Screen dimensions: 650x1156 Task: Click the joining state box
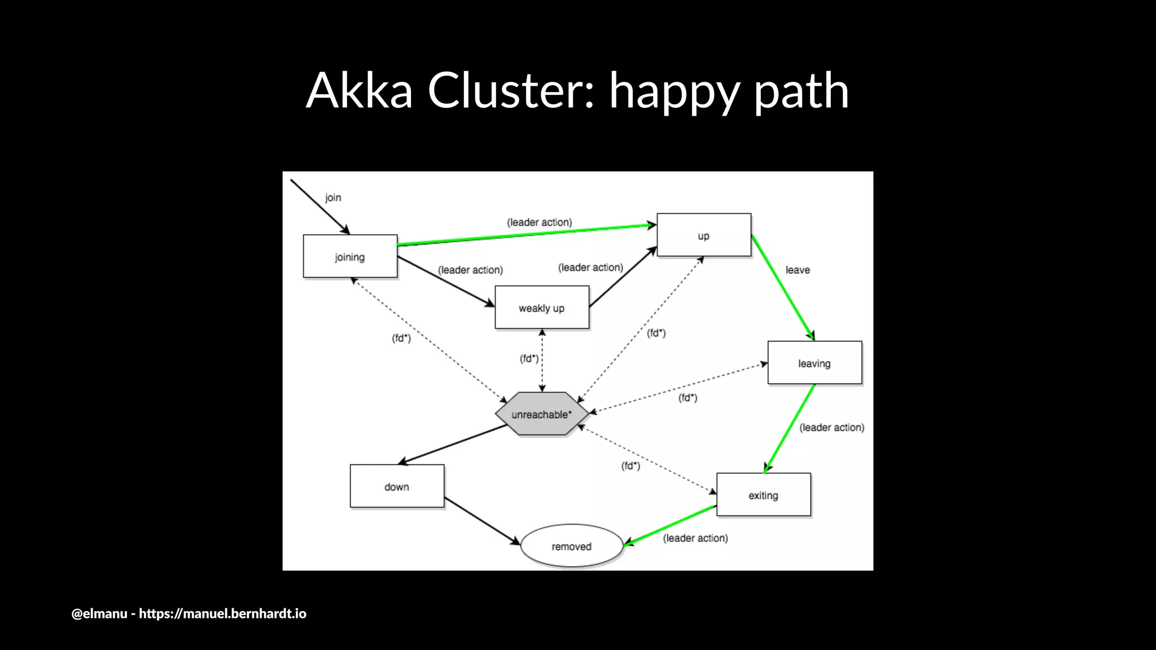coord(350,257)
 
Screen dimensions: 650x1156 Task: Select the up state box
coord(703,235)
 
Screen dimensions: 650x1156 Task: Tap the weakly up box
coord(541,308)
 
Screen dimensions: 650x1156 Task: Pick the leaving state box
coord(814,363)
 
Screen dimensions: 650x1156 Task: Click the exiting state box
coord(763,495)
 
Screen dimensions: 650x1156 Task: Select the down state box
coord(397,486)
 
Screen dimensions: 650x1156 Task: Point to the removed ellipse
coord(571,546)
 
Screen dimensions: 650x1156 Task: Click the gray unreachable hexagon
coord(541,414)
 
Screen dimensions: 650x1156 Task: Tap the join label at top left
coord(333,197)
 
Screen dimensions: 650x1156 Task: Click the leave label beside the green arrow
coord(797,270)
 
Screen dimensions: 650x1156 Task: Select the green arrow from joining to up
coord(525,235)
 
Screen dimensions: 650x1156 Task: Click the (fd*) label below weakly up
coord(529,358)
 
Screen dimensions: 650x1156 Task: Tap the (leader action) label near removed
coord(695,538)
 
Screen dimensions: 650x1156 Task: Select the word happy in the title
coord(674,91)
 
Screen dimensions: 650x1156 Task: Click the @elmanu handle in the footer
coord(99,613)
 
